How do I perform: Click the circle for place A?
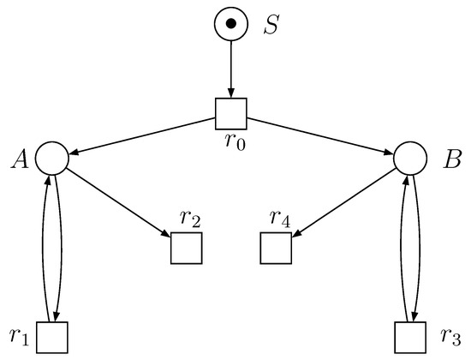point(51,158)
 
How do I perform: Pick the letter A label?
point(21,158)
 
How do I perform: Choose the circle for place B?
point(409,158)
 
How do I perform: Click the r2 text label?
point(190,219)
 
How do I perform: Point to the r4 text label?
point(279,219)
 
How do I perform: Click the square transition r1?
point(51,336)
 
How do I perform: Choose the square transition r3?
point(409,336)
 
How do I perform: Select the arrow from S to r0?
point(230,69)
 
